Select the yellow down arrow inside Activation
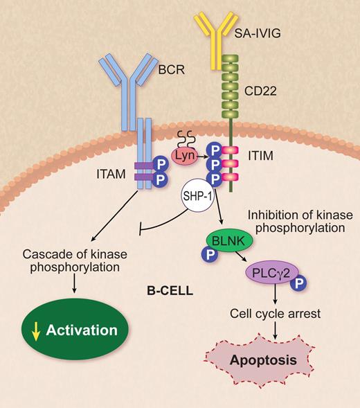(34, 330)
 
